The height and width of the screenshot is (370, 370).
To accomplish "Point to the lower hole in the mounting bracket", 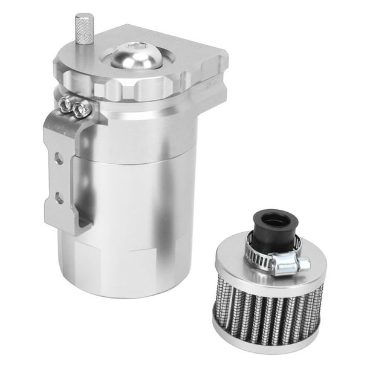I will coord(59,196).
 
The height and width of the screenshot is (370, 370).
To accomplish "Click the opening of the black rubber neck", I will coord(276,217).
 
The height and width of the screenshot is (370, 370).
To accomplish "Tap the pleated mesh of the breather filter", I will coord(266,317).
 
